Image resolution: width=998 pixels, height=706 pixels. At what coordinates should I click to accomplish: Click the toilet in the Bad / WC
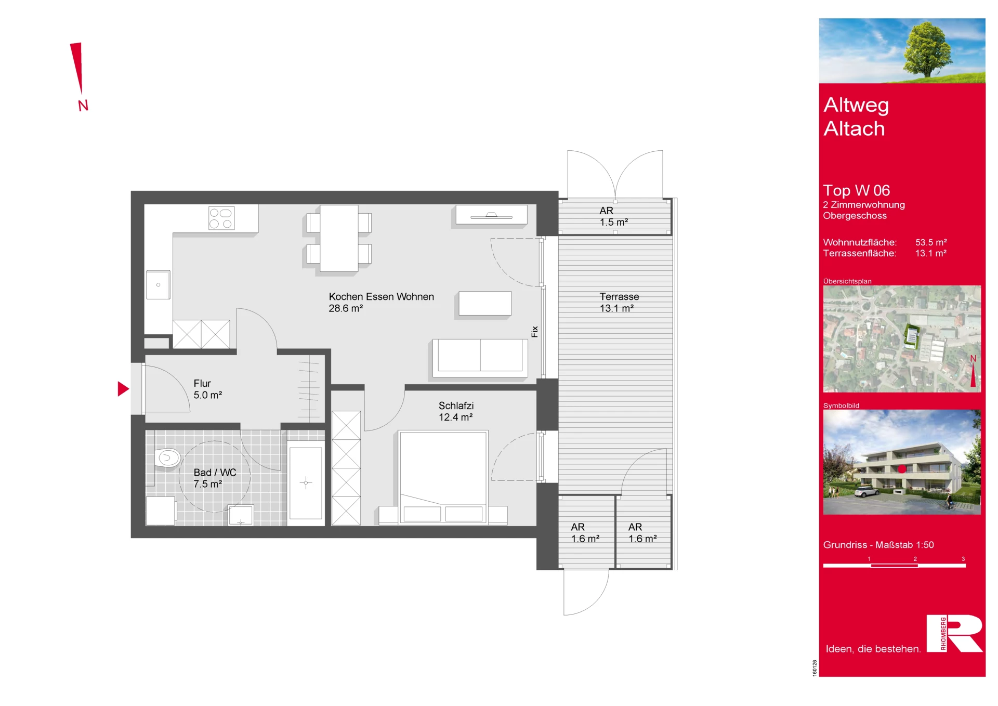[x=167, y=457]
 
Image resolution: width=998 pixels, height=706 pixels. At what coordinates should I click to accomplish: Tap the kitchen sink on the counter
[x=158, y=284]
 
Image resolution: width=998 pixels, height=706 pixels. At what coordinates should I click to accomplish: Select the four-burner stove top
[x=221, y=218]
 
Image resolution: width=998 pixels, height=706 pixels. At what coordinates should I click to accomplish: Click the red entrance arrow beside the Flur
[x=123, y=389]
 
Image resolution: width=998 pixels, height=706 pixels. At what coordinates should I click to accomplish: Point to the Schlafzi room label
[x=456, y=406]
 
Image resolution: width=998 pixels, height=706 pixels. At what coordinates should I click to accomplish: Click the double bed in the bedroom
[x=443, y=477]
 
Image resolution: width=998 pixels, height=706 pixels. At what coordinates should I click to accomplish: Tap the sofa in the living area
[x=480, y=358]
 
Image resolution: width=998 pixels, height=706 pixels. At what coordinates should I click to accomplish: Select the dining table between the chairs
[x=339, y=238]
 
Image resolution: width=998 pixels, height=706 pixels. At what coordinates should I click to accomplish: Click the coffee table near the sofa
[x=485, y=303]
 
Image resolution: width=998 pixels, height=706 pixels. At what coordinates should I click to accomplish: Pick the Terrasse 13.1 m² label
[x=619, y=302]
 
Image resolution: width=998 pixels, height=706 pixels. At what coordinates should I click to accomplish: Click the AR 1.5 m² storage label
[x=613, y=216]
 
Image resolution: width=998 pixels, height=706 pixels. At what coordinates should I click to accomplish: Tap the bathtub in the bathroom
[x=306, y=483]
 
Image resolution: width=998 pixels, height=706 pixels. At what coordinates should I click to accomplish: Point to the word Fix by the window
[x=534, y=331]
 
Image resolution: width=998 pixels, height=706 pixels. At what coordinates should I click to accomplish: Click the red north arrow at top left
[x=78, y=68]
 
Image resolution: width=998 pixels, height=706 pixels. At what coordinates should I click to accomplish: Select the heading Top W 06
[x=856, y=190]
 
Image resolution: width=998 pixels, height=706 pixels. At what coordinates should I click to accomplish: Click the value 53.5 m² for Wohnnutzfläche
[x=931, y=242]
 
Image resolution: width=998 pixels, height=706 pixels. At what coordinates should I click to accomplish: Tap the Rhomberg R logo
[x=954, y=633]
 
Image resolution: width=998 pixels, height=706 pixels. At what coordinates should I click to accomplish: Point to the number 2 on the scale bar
[x=915, y=559]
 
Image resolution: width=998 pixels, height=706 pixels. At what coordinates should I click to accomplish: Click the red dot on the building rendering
[x=902, y=469]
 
